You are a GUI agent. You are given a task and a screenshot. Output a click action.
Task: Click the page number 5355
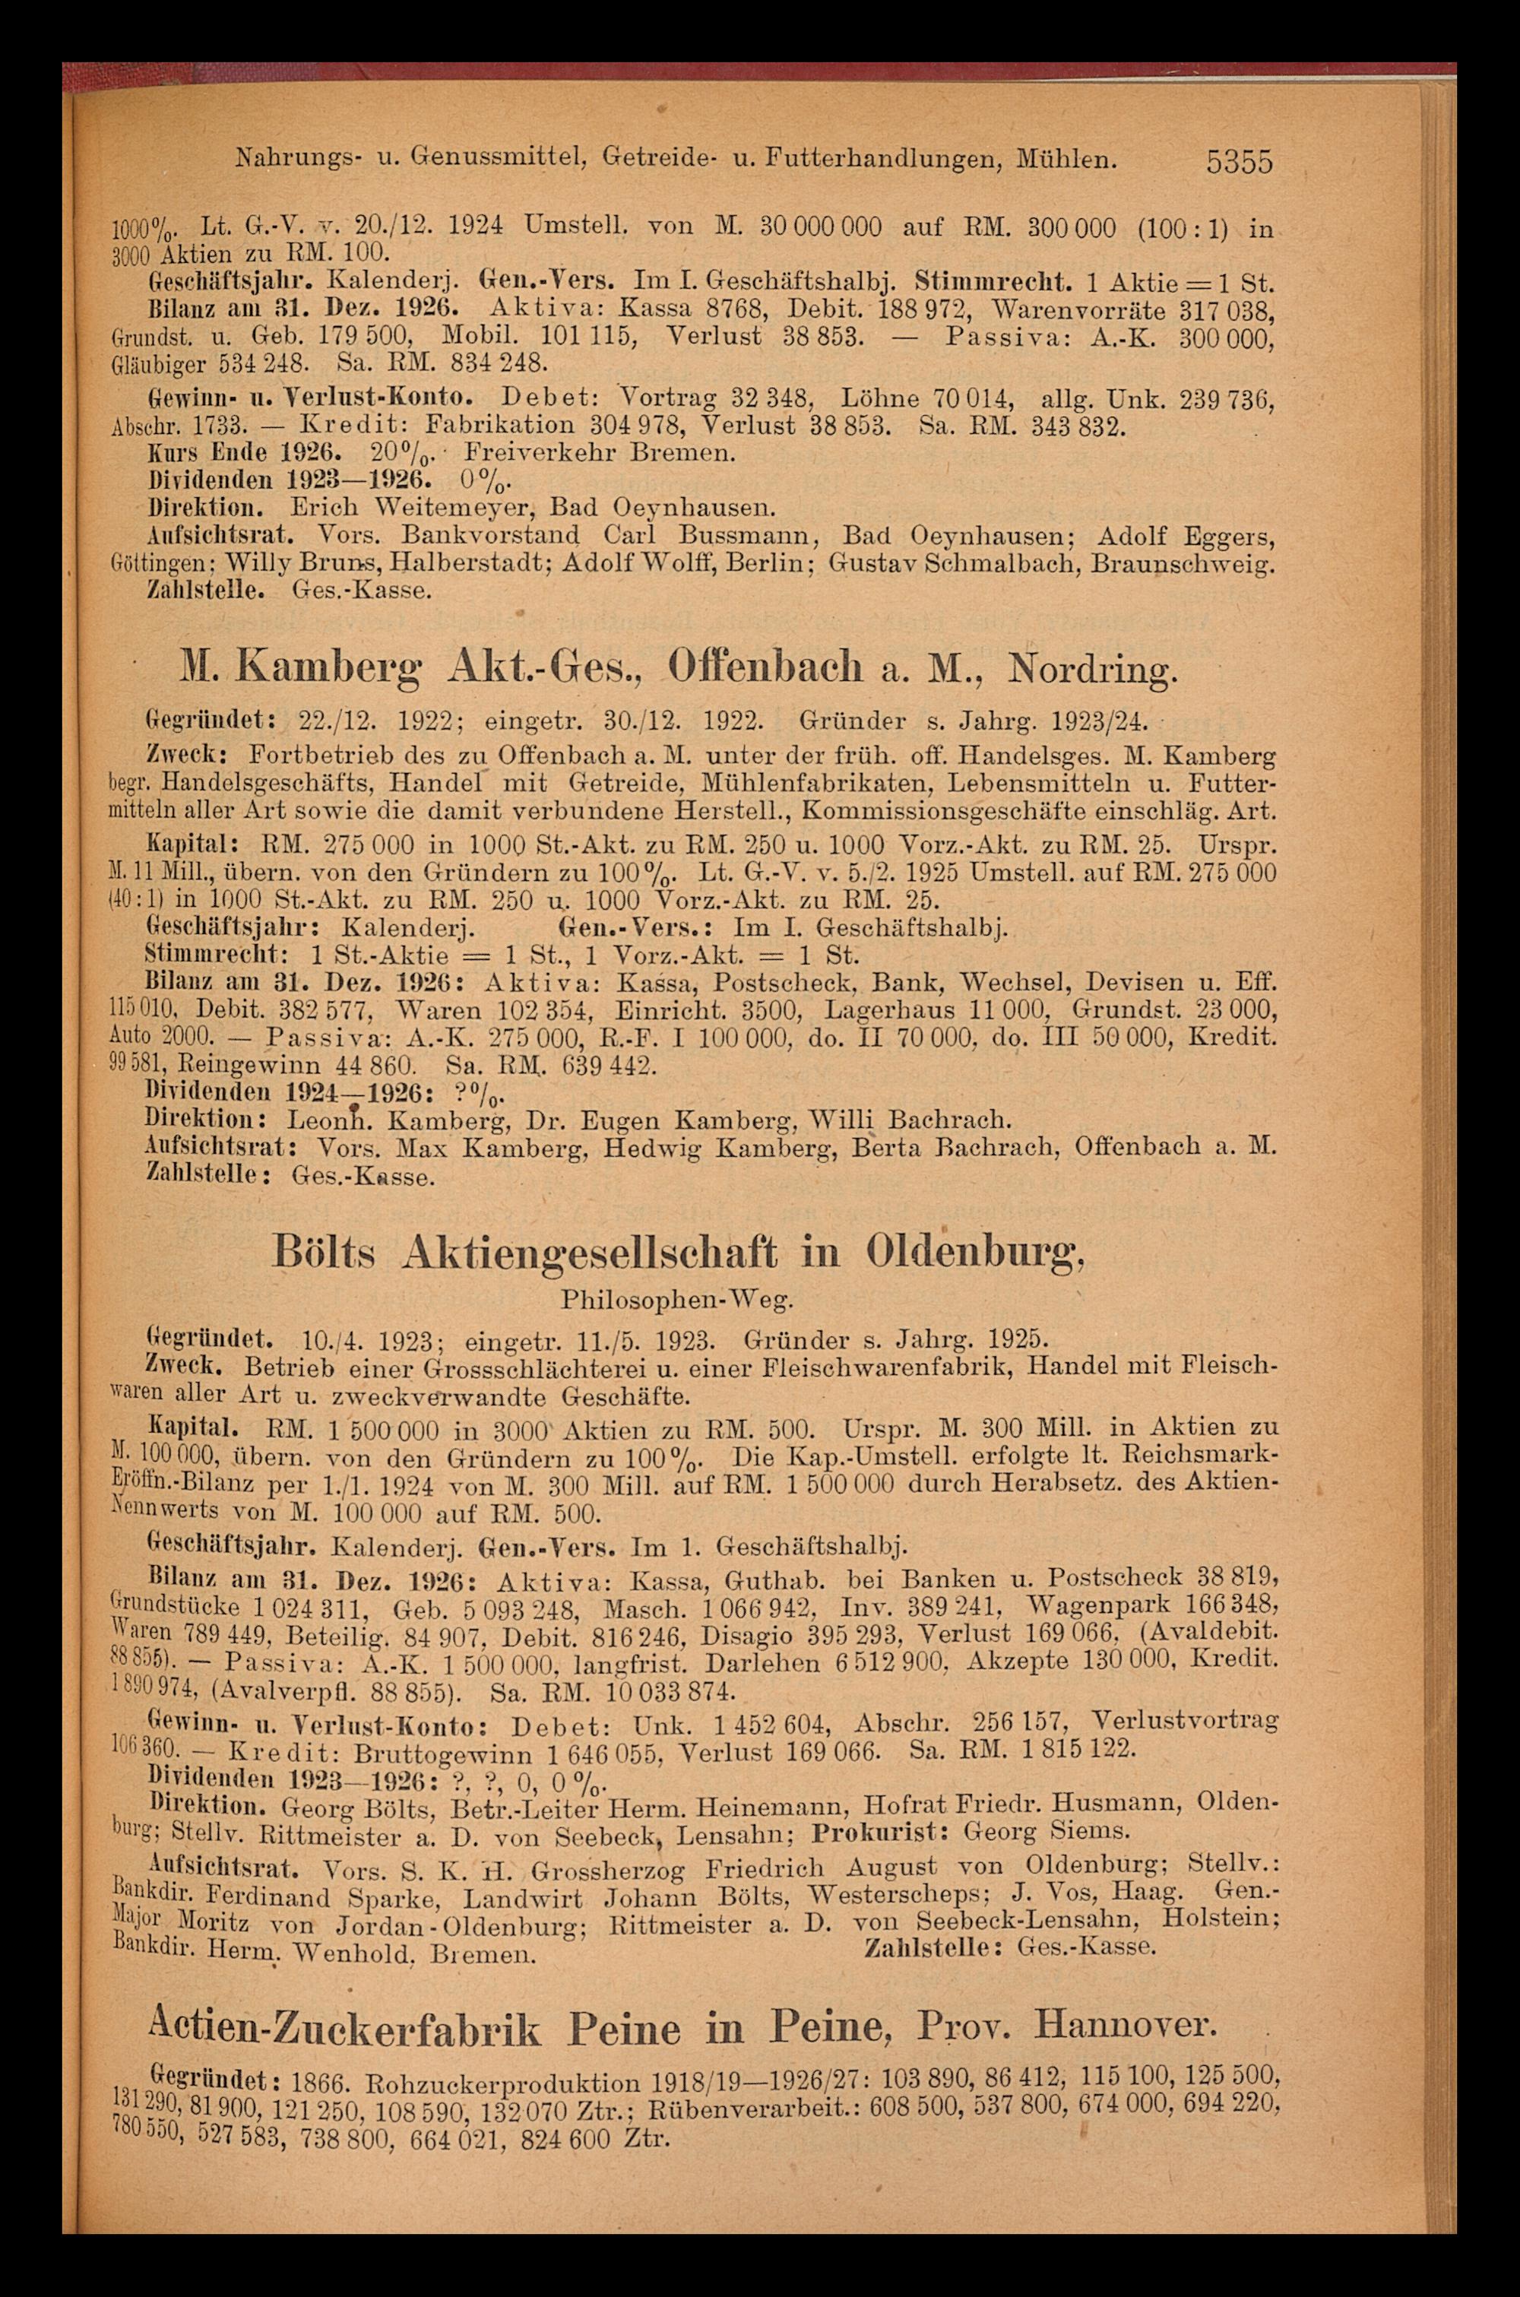pyautogui.click(x=1238, y=161)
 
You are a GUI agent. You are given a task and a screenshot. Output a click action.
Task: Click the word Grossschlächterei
pyautogui.click(x=510, y=1367)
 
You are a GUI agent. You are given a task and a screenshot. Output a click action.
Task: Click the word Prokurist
pyautogui.click(x=875, y=1804)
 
